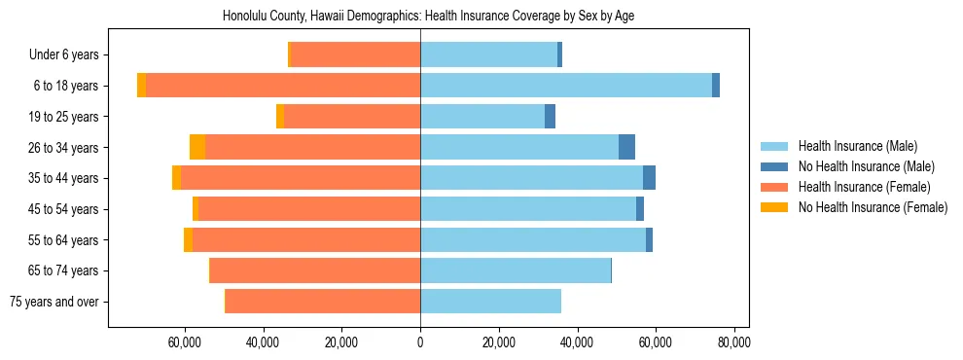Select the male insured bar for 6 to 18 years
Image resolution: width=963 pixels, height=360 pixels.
566,86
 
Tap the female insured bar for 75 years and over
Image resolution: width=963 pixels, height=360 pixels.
332,302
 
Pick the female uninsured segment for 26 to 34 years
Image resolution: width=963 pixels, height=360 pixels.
197,147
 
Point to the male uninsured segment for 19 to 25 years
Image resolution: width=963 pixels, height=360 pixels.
550,117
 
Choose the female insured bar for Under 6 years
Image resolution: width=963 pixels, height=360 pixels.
355,54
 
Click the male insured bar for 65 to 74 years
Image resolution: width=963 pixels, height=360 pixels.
516,270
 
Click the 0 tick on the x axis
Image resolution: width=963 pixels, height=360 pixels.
420,342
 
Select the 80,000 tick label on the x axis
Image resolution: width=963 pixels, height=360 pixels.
733,342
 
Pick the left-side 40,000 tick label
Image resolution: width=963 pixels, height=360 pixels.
264,342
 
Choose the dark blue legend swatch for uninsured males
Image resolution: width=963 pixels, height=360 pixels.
773,166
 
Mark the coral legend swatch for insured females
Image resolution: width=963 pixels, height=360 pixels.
773,187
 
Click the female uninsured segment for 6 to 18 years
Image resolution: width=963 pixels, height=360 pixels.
141,86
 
